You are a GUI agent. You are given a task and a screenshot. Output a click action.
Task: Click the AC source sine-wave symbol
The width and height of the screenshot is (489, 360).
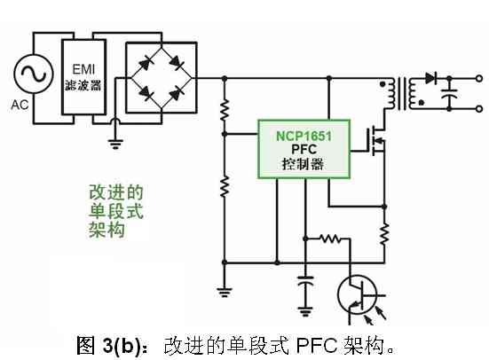tap(34, 74)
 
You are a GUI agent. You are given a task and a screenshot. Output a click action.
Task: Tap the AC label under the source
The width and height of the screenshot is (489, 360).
tap(20, 105)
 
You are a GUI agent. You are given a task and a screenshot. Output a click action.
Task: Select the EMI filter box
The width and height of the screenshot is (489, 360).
tap(83, 77)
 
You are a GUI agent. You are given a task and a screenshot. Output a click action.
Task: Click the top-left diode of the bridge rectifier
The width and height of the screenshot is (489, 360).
tap(146, 64)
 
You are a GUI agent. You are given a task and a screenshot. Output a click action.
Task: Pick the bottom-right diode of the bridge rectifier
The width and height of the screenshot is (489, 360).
tap(177, 93)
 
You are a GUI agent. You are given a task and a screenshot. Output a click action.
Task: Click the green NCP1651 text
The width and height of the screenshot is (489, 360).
tap(304, 137)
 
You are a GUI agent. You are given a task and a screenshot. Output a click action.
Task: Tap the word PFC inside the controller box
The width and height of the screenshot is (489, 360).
tap(304, 149)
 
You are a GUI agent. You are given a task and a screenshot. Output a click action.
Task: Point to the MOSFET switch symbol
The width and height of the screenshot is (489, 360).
tap(375, 141)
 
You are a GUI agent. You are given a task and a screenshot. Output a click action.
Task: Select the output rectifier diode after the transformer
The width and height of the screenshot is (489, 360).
tap(431, 78)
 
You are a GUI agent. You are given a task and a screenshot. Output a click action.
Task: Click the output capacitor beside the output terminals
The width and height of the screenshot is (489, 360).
tap(449, 93)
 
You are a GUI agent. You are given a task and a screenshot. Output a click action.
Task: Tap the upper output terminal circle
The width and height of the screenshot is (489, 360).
tap(479, 78)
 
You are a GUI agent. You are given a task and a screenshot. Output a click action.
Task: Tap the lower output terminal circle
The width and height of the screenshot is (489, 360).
tap(479, 109)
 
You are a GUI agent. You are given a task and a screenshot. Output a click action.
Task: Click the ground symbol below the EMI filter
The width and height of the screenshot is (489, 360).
tap(115, 144)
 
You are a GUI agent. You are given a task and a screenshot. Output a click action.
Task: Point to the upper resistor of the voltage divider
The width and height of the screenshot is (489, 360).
tap(225, 110)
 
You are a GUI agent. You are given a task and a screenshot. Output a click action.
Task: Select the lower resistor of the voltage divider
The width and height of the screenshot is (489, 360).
tap(225, 186)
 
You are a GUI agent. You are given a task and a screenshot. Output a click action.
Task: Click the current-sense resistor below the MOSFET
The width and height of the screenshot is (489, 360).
tap(384, 233)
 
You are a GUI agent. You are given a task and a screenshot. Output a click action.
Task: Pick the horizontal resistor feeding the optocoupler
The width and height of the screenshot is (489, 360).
tap(331, 239)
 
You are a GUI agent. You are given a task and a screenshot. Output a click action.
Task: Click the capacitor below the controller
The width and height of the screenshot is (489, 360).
tap(305, 279)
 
